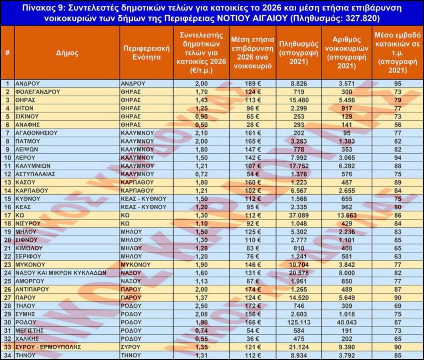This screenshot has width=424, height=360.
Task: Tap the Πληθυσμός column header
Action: (x=298, y=52)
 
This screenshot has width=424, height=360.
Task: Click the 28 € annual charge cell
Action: (x=253, y=124)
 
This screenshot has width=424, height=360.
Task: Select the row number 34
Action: (x=7, y=354)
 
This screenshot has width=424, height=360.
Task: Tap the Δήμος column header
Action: (x=66, y=52)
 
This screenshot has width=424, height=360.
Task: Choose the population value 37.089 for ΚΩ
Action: (x=298, y=215)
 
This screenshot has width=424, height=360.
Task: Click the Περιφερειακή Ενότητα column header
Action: (x=146, y=52)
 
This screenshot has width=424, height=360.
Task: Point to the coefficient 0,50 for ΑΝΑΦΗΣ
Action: (x=201, y=124)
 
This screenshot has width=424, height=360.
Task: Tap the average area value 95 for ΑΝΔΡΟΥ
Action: (x=398, y=84)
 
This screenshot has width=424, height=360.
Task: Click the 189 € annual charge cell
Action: (x=253, y=84)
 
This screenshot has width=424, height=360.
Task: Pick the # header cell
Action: (x=7, y=52)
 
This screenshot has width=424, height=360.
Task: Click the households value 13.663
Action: (x=347, y=215)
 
